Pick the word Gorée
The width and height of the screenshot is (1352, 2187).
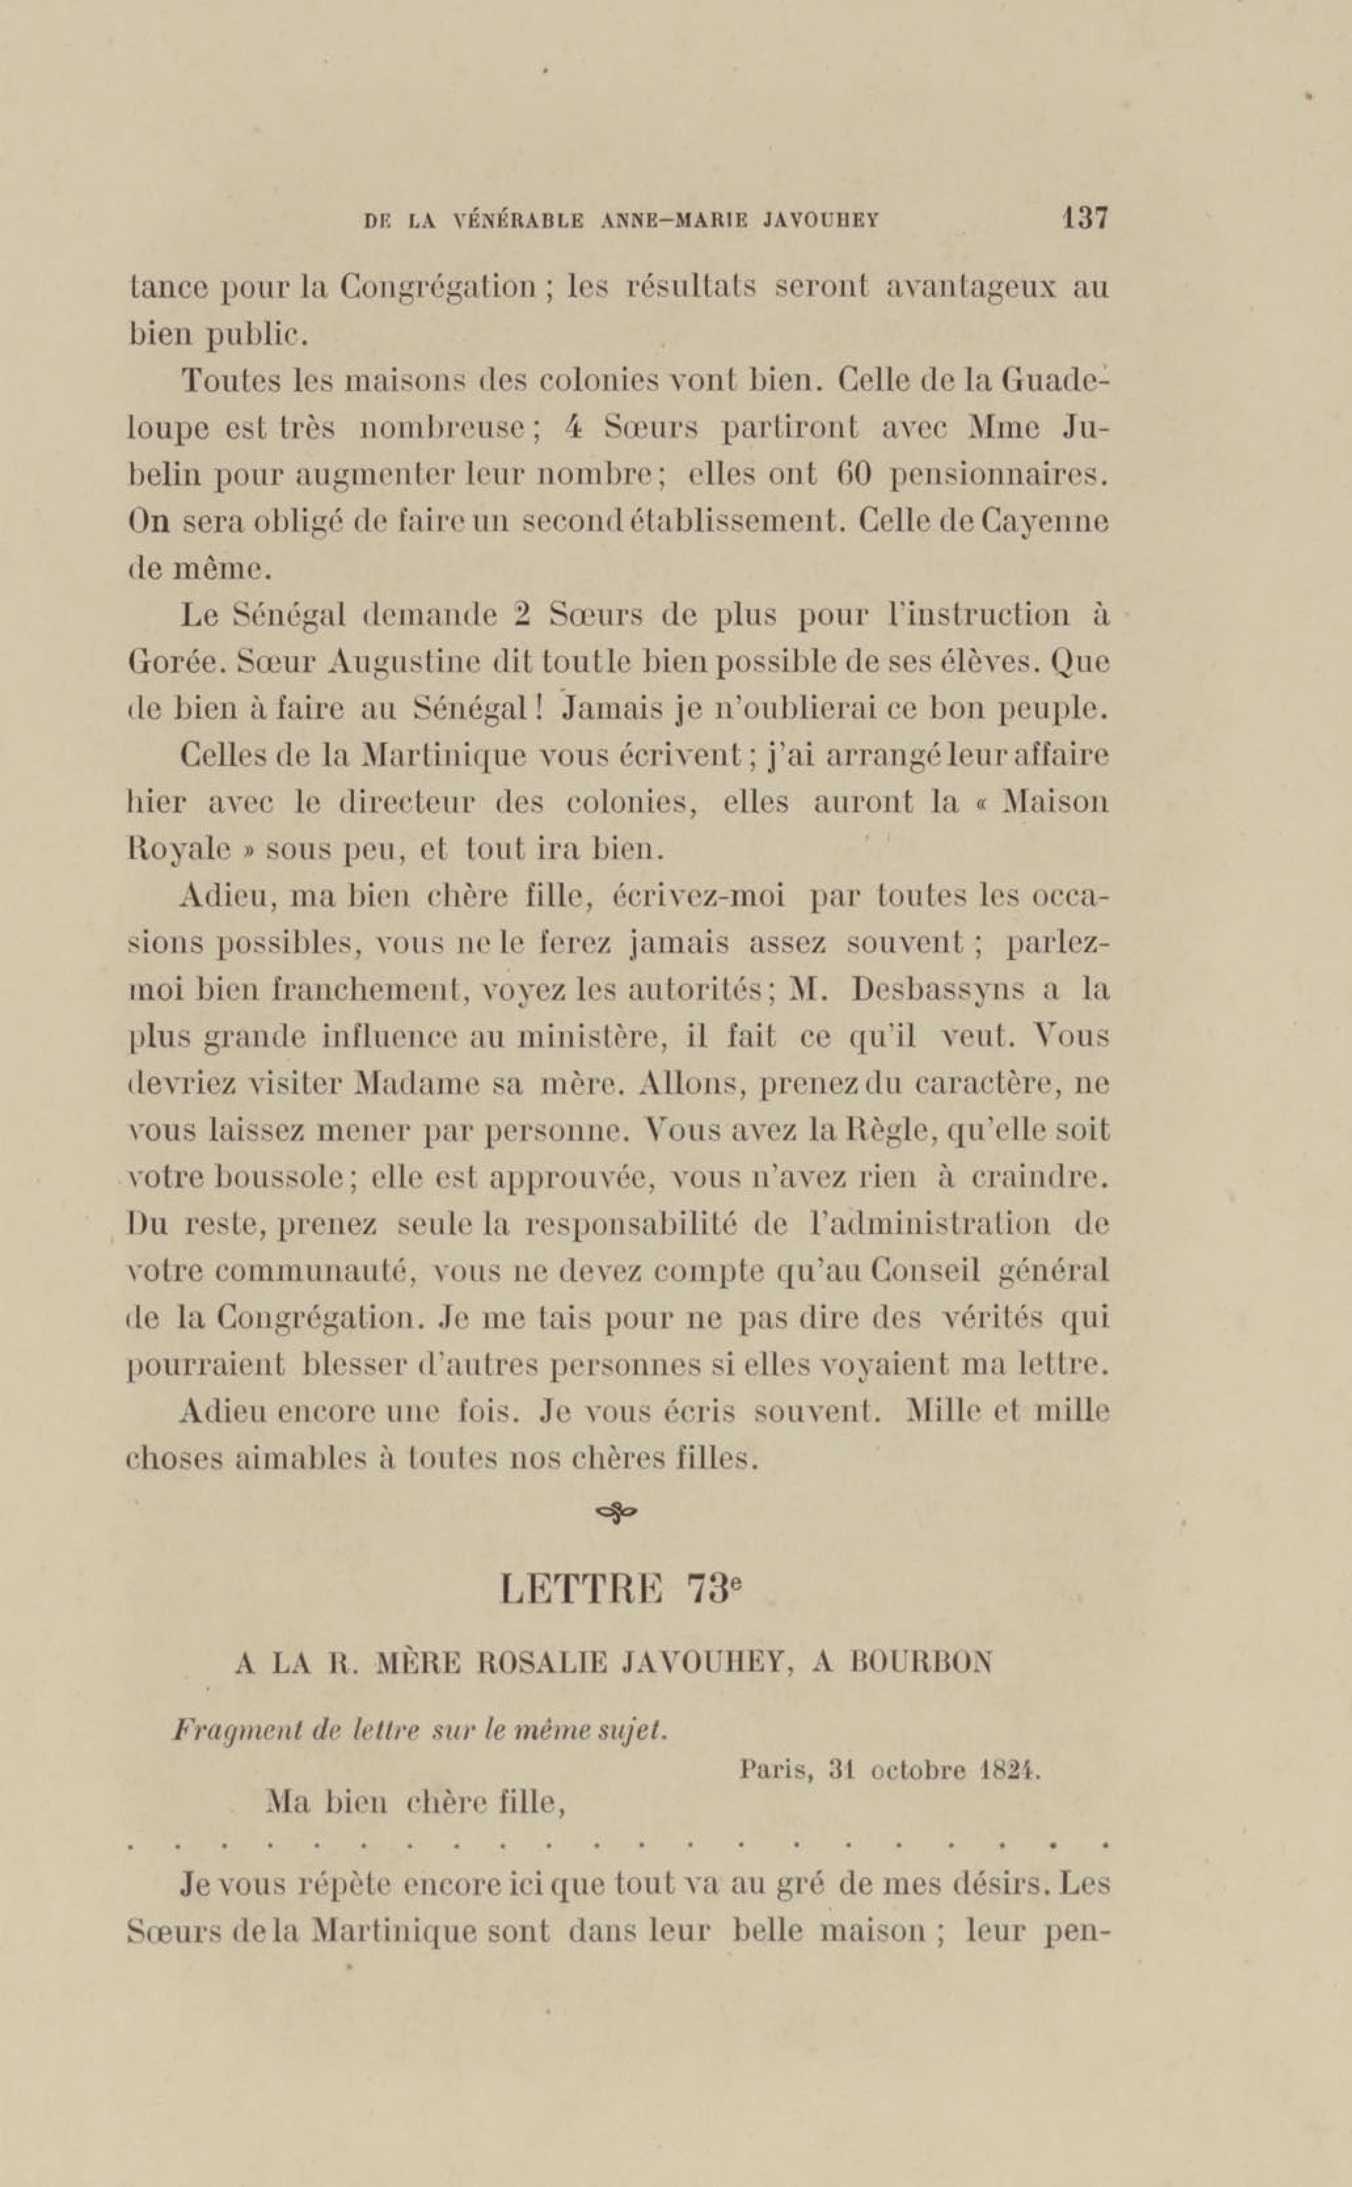tap(172, 663)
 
